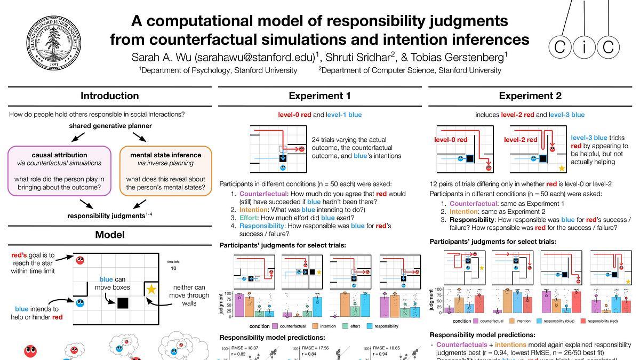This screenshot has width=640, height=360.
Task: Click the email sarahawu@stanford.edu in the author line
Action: tap(255, 56)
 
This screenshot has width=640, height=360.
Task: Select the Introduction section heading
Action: tap(109, 96)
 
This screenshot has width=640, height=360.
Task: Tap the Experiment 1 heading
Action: tap(319, 96)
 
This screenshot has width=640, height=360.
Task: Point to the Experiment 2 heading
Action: tap(530, 96)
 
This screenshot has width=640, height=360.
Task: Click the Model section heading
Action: tap(109, 235)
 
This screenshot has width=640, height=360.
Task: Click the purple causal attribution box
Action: tap(59, 171)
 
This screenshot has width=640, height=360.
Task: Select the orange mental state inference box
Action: tap(165, 171)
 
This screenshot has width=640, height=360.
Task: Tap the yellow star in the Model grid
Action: tap(151, 289)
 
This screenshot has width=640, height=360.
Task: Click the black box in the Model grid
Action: tap(123, 303)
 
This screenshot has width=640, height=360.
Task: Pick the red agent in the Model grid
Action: tap(80, 260)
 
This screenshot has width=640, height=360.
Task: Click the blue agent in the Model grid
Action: tap(80, 304)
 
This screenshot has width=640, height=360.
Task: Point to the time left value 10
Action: tap(173, 268)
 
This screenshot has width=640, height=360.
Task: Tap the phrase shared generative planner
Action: tap(110, 126)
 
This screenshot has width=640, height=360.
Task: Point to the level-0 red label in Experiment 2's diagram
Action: tap(451, 140)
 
